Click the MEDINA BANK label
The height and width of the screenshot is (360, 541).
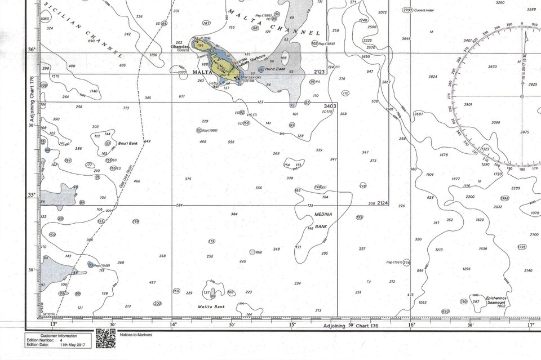click(320, 221)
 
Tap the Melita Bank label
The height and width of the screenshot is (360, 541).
click(211, 306)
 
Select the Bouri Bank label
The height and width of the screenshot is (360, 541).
click(128, 143)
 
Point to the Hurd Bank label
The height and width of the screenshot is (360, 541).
click(276, 69)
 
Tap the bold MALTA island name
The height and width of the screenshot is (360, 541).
click(203, 73)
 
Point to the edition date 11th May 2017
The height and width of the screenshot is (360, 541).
click(72, 344)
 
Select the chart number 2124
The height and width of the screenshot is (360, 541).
click(383, 203)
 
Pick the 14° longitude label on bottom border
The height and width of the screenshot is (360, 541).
click(173, 325)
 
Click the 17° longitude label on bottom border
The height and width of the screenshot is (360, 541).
click(530, 325)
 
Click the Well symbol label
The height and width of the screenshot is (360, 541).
click(259, 252)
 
